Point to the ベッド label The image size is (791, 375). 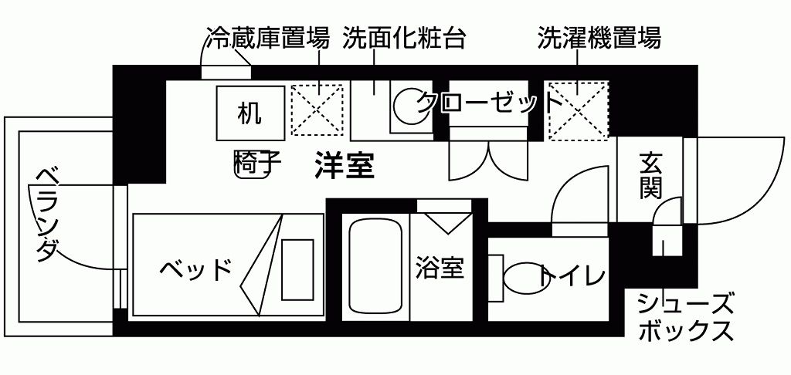click(x=196, y=270)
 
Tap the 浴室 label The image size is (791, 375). click(x=439, y=268)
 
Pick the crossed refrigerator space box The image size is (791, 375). click(x=317, y=110)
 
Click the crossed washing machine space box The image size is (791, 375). click(x=578, y=110)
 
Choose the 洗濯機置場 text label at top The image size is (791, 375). click(x=599, y=39)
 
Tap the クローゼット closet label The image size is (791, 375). click(x=487, y=101)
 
